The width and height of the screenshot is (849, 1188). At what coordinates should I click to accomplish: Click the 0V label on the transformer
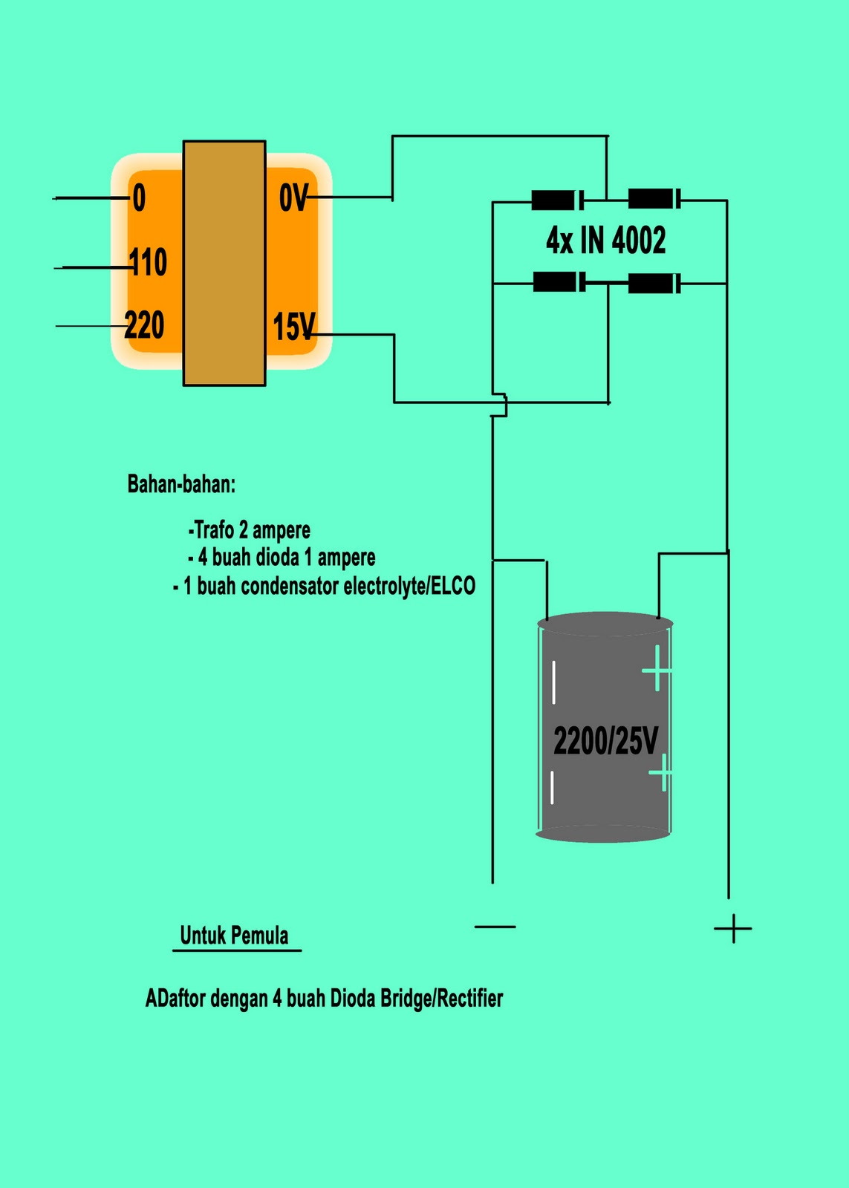point(293,198)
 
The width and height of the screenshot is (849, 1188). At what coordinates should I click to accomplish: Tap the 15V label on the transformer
point(294,326)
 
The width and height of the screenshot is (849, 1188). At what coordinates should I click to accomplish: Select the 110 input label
point(148,262)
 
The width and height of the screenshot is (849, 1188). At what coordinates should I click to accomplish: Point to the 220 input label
point(144,325)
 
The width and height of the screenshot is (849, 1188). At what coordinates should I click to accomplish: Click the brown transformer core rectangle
point(224,263)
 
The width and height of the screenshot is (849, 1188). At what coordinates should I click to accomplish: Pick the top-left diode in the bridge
point(558,200)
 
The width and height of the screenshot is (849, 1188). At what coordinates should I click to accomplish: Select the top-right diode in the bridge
point(654,198)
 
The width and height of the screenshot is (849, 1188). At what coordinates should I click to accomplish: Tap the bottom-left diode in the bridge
point(559,281)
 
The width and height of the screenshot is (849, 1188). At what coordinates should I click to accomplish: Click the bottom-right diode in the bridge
point(654,283)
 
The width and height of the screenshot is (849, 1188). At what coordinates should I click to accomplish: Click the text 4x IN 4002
point(606,241)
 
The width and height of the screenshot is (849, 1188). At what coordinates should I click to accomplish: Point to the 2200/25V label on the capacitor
point(605,741)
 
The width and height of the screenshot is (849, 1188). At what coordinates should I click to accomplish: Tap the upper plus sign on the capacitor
point(657,670)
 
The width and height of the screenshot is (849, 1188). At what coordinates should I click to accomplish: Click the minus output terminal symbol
point(495,927)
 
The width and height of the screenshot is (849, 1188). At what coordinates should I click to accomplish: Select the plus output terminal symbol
point(733,929)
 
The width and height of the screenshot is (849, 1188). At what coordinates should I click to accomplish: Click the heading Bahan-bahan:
point(181,484)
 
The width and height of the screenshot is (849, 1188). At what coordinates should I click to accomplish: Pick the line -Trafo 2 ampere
point(250,530)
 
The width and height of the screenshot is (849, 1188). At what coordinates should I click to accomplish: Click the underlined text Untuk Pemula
point(235,936)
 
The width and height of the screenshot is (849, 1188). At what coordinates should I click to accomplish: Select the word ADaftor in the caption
point(177,999)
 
